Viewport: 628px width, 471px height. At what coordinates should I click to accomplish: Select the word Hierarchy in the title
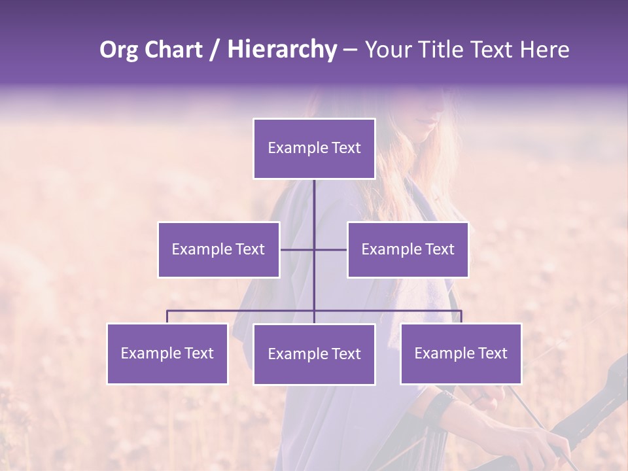point(281,50)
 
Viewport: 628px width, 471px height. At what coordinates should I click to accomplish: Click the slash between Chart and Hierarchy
point(215,50)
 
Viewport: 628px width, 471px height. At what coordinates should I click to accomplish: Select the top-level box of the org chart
point(314,148)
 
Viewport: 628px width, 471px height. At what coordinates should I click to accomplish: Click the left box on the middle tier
point(218,250)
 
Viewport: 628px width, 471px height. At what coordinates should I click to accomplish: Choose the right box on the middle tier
point(408,250)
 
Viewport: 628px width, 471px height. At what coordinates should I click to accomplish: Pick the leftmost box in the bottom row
point(167,354)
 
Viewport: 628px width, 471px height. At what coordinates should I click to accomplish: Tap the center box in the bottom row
point(314,355)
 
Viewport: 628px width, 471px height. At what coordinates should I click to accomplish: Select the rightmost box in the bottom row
point(461,354)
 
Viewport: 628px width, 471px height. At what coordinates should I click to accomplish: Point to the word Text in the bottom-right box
point(491,353)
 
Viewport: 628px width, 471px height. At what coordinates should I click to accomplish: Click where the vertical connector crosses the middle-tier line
point(314,250)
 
